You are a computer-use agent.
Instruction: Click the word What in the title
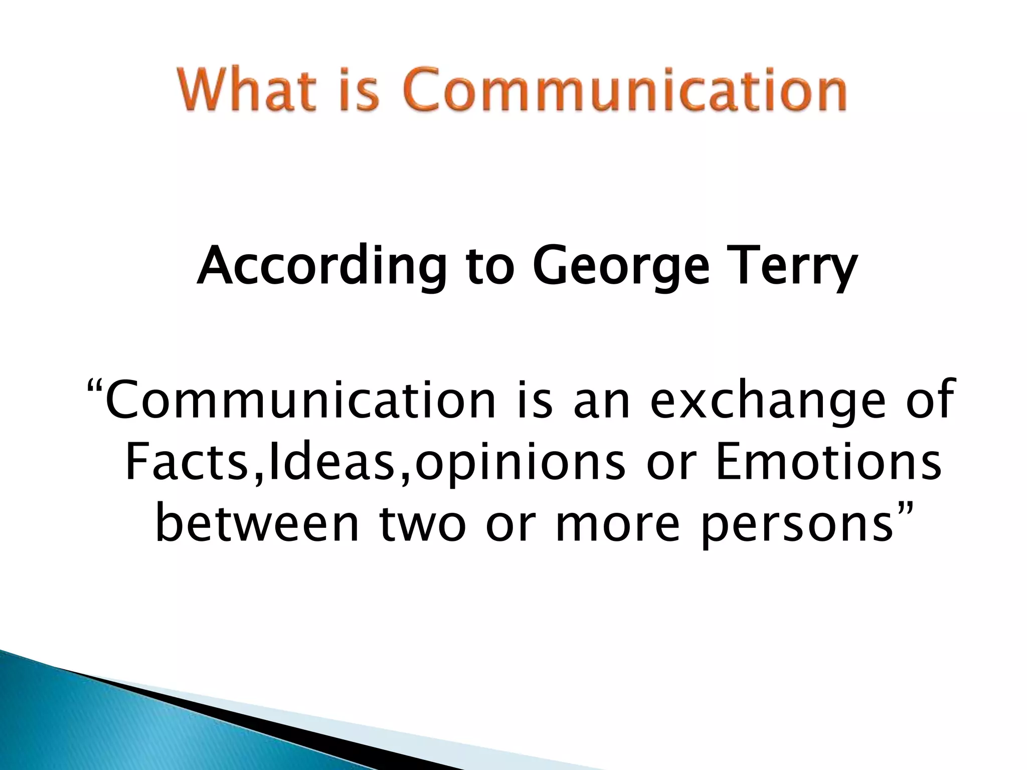246,91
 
